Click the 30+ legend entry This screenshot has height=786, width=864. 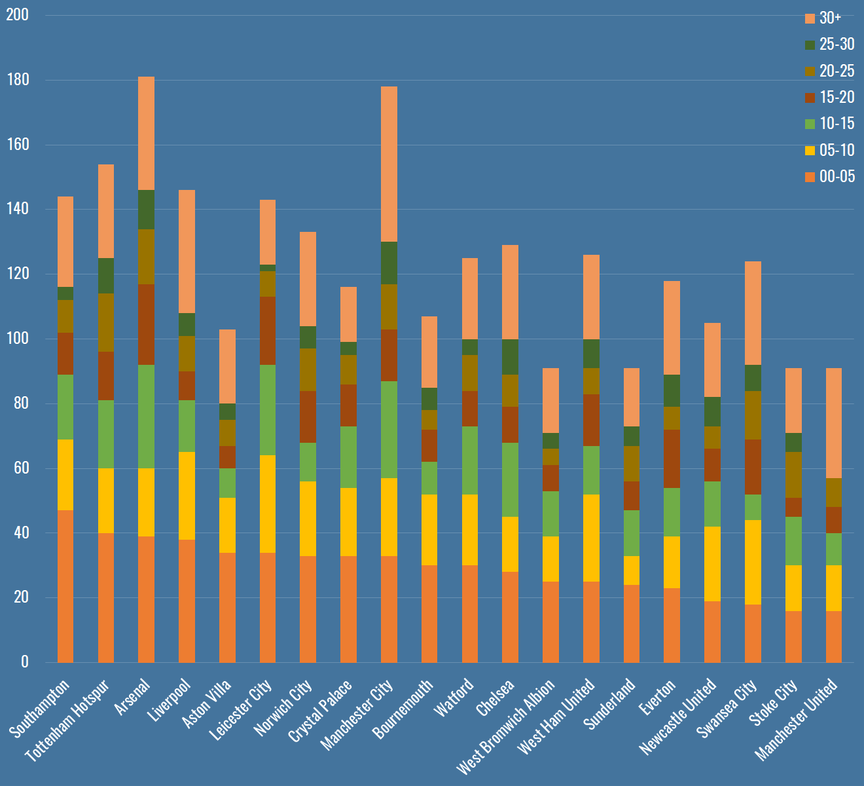pyautogui.click(x=829, y=18)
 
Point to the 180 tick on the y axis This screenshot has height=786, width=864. pyautogui.click(x=18, y=80)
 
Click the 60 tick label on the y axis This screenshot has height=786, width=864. pyautogui.click(x=21, y=468)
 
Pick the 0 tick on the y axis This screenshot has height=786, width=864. pyautogui.click(x=25, y=662)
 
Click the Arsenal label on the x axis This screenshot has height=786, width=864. pyautogui.click(x=134, y=697)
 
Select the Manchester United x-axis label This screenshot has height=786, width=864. pyautogui.click(x=797, y=719)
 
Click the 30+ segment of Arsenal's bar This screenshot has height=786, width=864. pyautogui.click(x=146, y=133)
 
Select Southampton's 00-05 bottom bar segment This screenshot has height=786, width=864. pyautogui.click(x=65, y=586)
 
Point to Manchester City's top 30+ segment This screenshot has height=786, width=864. pyautogui.click(x=389, y=164)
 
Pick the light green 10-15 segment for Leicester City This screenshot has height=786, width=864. pyautogui.click(x=268, y=409)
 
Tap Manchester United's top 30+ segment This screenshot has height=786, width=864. pyautogui.click(x=833, y=423)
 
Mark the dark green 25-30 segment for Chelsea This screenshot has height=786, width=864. pyautogui.click(x=510, y=357)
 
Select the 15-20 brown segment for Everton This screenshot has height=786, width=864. pyautogui.click(x=672, y=458)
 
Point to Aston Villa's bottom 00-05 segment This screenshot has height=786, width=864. pyautogui.click(x=227, y=607)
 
